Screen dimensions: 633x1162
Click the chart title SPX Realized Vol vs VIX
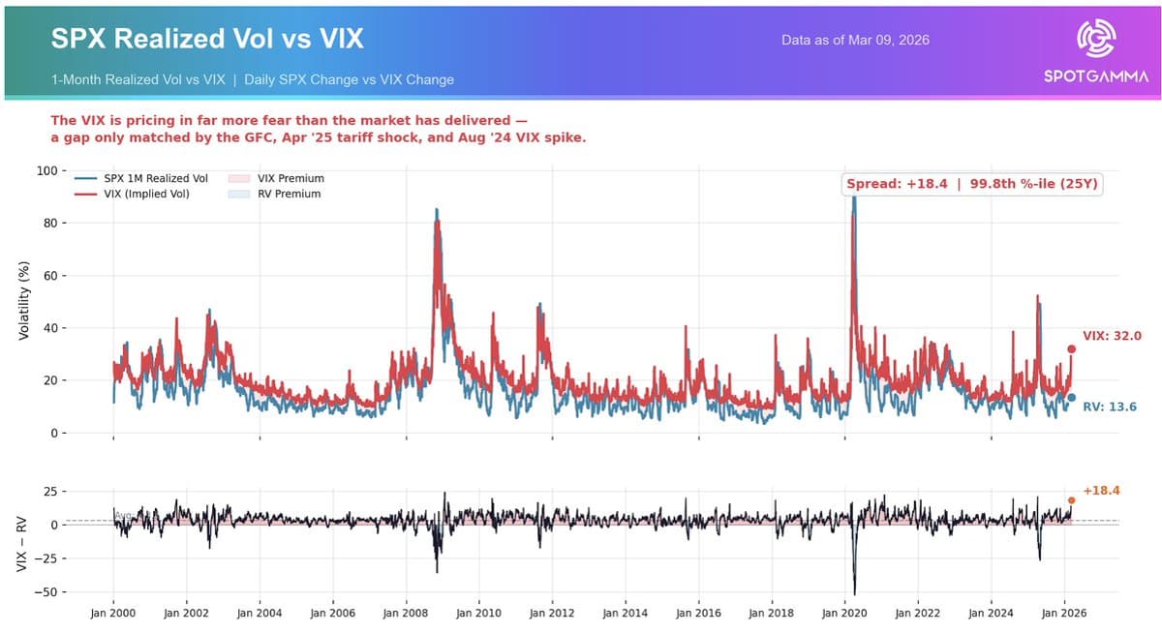pyautogui.click(x=207, y=39)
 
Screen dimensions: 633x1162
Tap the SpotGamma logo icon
pyautogui.click(x=1096, y=40)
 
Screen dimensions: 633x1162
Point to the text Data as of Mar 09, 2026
pyautogui.click(x=856, y=41)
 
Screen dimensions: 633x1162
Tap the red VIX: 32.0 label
pyautogui.click(x=1112, y=336)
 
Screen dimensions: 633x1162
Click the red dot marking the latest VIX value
pyautogui.click(x=1071, y=348)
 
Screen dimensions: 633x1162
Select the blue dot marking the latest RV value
pyautogui.click(x=1071, y=398)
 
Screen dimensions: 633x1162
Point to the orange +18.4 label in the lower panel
pyautogui.click(x=1101, y=491)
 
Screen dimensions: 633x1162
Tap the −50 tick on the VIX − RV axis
pyautogui.click(x=44, y=591)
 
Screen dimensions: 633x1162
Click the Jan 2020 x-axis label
pyautogui.click(x=845, y=613)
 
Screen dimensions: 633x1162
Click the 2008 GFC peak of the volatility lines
pyautogui.click(x=437, y=210)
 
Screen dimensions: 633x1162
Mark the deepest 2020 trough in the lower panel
pyautogui.click(x=854, y=594)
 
